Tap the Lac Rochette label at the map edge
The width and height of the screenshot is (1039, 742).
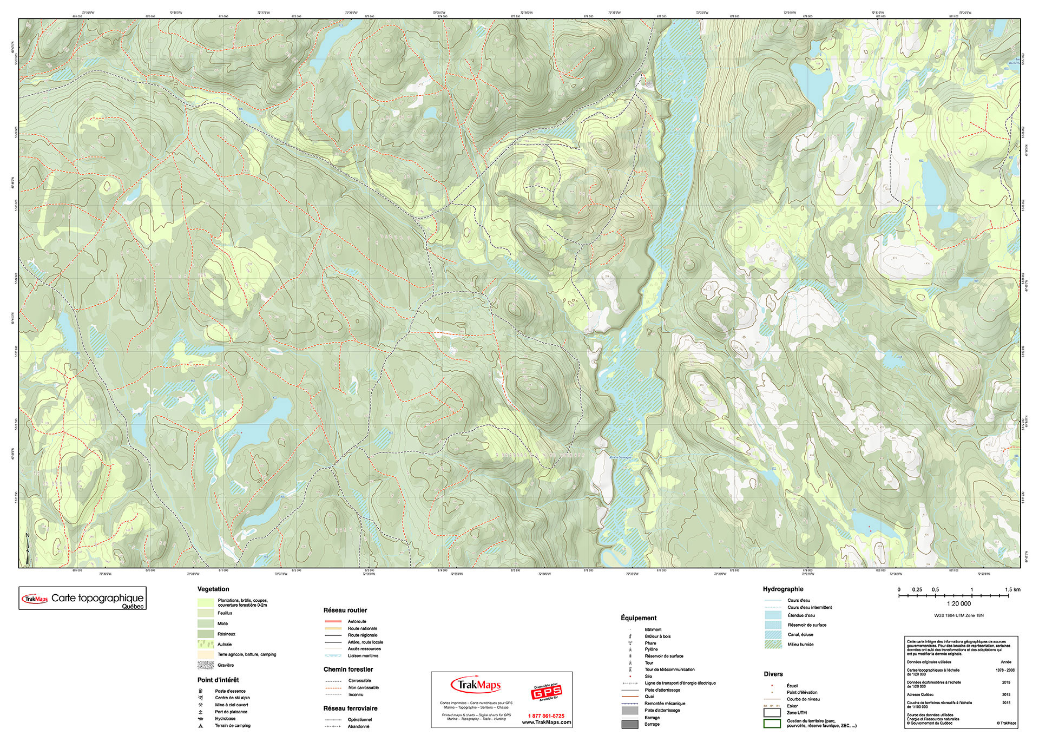point(1014,61)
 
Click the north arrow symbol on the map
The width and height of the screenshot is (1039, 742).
point(28,547)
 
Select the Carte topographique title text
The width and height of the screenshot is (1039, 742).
point(97,598)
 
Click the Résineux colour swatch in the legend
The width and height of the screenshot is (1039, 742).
point(206,634)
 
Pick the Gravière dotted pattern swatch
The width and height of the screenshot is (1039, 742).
point(206,665)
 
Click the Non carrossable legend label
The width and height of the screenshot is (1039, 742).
point(363,687)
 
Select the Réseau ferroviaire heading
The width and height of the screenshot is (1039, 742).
point(350,708)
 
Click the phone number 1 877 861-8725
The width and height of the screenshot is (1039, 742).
point(546,716)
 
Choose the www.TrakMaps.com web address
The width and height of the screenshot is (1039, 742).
point(546,723)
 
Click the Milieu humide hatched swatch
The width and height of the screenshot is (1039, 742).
point(773,645)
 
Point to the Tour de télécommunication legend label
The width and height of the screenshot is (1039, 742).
point(669,669)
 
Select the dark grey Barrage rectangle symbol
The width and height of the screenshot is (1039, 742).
point(630,724)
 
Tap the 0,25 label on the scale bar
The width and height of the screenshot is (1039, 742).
point(917,589)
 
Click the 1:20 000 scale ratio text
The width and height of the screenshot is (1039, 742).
point(958,603)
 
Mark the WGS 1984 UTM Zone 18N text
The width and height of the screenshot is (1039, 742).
point(958,615)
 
